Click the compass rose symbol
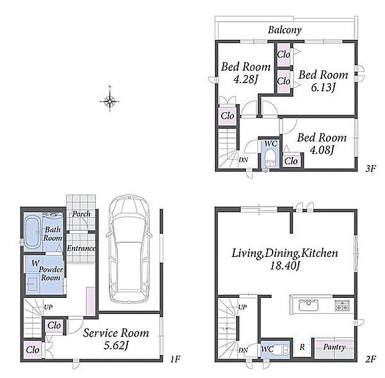(109, 101)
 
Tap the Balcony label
(284, 30)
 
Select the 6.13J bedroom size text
(323, 88)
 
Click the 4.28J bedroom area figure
(245, 79)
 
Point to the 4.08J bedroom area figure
(322, 150)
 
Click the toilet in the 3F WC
(271, 158)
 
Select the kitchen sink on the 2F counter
(309, 305)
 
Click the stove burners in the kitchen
(342, 305)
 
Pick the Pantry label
(334, 347)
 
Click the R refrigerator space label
(302, 347)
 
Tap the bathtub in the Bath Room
(33, 232)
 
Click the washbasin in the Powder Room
(32, 284)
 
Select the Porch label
(81, 214)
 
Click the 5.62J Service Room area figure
(116, 346)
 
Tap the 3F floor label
(371, 169)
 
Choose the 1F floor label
(175, 359)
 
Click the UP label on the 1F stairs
(48, 307)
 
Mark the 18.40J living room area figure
(284, 266)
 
